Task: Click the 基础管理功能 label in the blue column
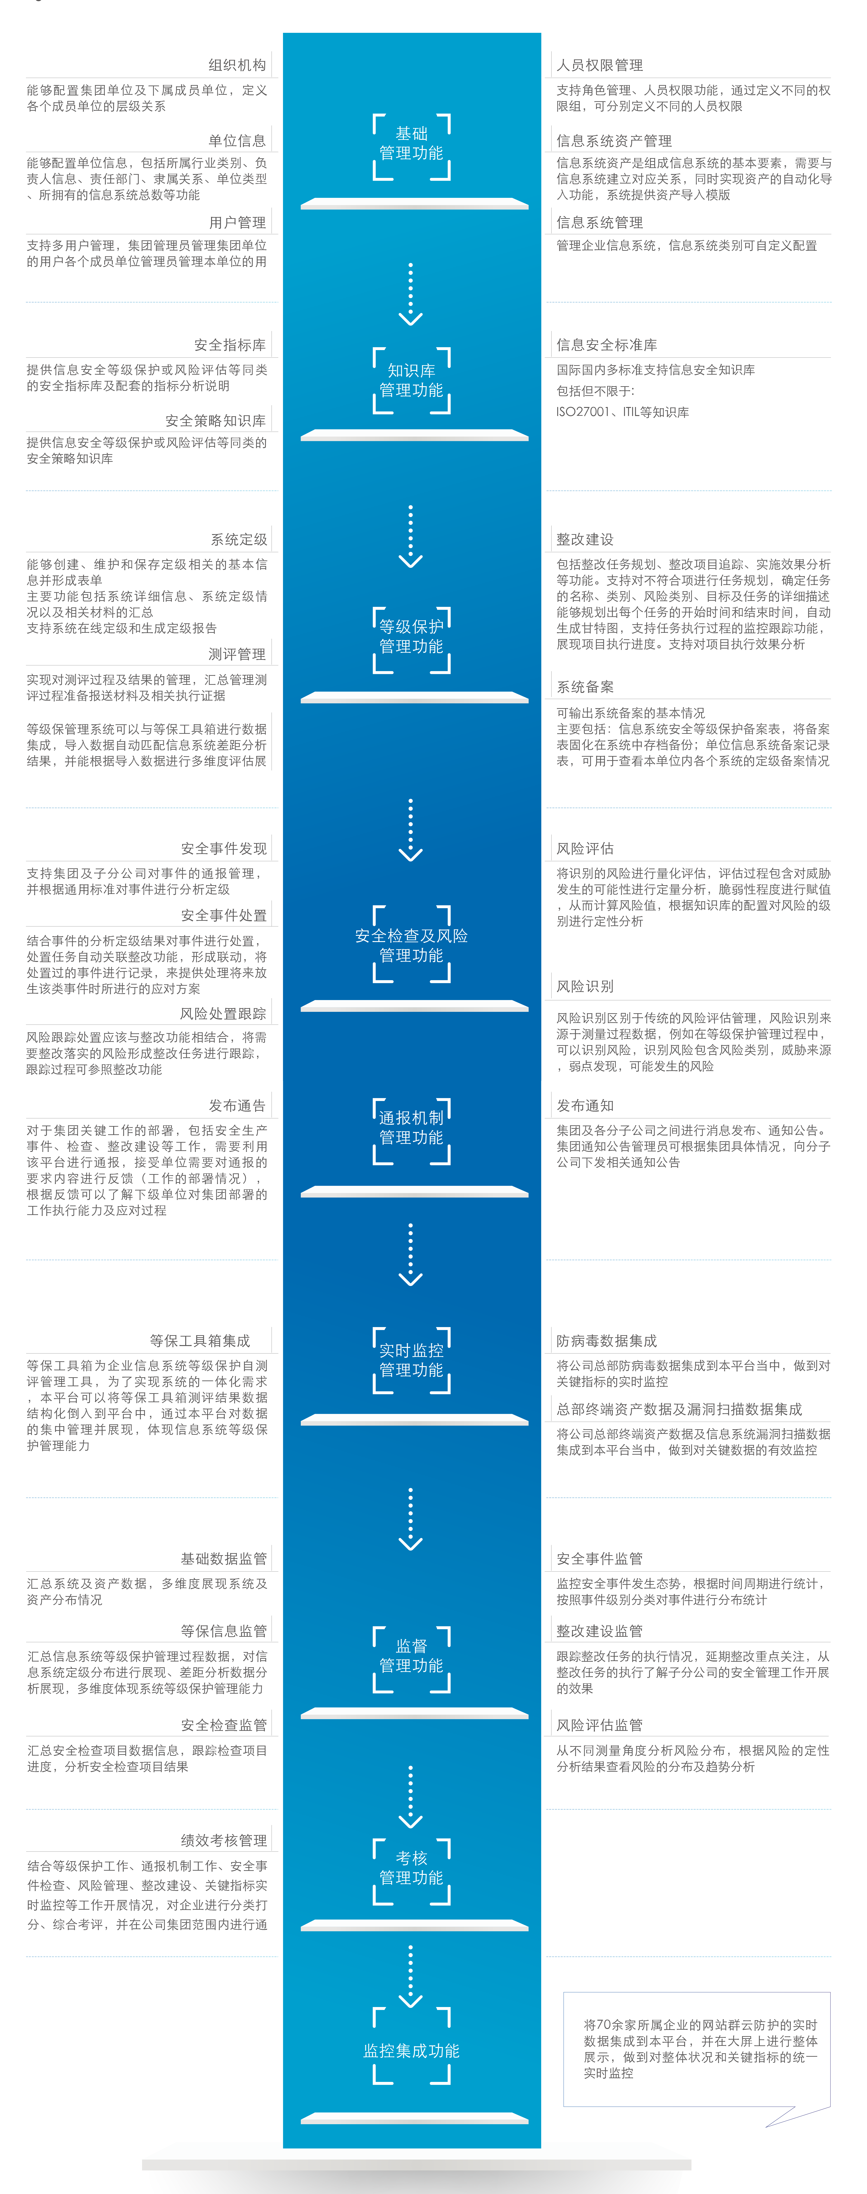pyautogui.click(x=411, y=143)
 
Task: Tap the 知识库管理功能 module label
pyautogui.click(x=411, y=380)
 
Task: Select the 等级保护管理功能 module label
pyautogui.click(x=411, y=636)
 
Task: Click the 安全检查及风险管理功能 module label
pyautogui.click(x=411, y=946)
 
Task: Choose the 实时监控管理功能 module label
pyautogui.click(x=411, y=1359)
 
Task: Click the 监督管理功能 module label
pyautogui.click(x=411, y=1655)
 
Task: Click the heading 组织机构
pyautogui.click(x=238, y=65)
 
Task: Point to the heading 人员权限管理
pyautogui.click(x=600, y=65)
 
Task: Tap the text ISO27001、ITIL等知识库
pyautogui.click(x=623, y=411)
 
